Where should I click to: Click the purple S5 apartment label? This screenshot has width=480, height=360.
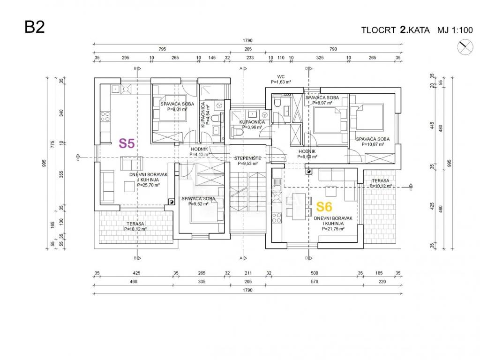pyautogui.click(x=127, y=143)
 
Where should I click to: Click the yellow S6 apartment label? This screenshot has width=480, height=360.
pyautogui.click(x=324, y=206)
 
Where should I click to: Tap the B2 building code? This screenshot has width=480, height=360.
pyautogui.click(x=35, y=27)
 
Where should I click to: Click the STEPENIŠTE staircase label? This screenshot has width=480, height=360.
pyautogui.click(x=248, y=158)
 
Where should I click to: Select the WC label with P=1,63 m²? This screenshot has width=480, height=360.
pyautogui.click(x=281, y=76)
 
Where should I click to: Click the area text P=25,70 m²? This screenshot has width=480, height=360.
pyautogui.click(x=149, y=185)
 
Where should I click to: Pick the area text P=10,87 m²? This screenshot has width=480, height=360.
pyautogui.click(x=373, y=145)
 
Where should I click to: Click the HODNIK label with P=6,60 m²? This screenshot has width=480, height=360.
pyautogui.click(x=307, y=151)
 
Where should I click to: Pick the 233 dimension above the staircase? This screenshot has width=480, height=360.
pyautogui.click(x=249, y=58)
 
